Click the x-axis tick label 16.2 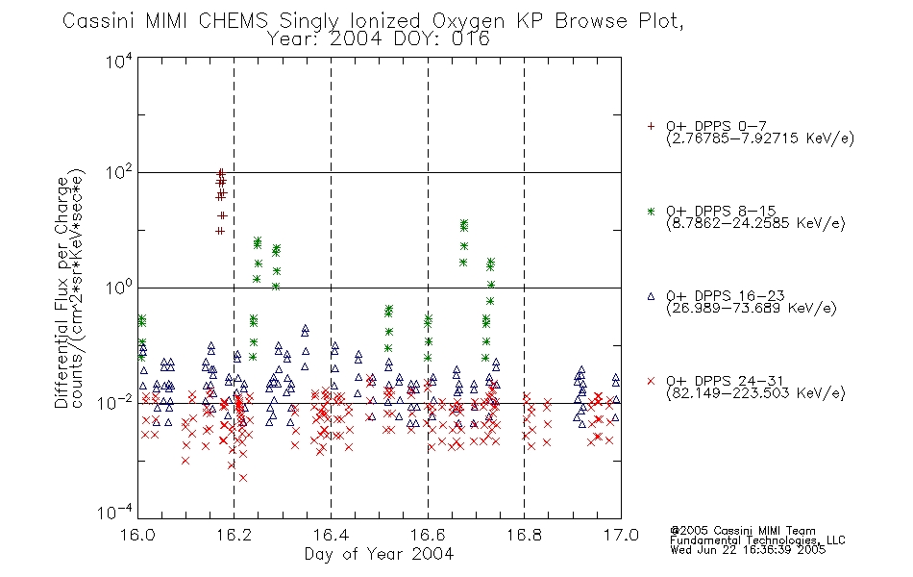[234, 535]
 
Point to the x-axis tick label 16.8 [524, 535]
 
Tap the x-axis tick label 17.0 [621, 535]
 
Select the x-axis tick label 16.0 [137, 535]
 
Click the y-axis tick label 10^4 [119, 61]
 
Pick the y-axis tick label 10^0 [119, 288]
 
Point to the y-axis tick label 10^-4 [115, 513]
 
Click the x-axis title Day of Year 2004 [379, 554]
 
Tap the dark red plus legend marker [651, 126]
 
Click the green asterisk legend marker [651, 212]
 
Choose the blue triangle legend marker [651, 296]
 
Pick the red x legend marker [651, 381]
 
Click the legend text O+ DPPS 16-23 [726, 296]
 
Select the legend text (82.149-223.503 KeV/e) [755, 393]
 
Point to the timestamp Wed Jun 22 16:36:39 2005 [748, 550]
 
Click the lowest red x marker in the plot [243, 478]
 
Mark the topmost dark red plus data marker [221, 172]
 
